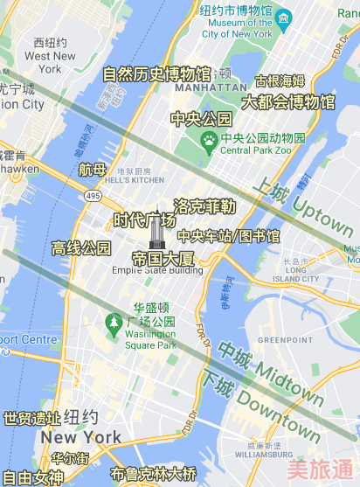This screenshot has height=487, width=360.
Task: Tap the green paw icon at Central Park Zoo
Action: pyautogui.click(x=210, y=139)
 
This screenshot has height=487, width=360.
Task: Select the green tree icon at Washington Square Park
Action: pyautogui.click(x=114, y=323)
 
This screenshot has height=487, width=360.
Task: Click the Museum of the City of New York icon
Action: pyautogui.click(x=284, y=17)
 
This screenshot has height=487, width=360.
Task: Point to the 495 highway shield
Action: pyautogui.click(x=93, y=196)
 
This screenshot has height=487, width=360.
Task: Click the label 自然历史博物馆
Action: pyautogui.click(x=157, y=74)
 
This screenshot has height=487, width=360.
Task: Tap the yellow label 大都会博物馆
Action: pyautogui.click(x=288, y=102)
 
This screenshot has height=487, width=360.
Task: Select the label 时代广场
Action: pyautogui.click(x=145, y=219)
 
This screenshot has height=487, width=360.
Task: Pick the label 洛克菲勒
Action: pyautogui.click(x=205, y=206)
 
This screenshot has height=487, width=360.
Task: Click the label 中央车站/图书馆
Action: pyautogui.click(x=229, y=236)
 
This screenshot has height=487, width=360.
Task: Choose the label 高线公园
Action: pyautogui.click(x=81, y=247)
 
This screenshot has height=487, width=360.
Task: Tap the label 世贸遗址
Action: pyautogui.click(x=31, y=419)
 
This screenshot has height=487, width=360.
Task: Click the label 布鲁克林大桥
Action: pyautogui.click(x=154, y=475)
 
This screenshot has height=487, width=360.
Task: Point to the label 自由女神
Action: pyautogui.click(x=32, y=477)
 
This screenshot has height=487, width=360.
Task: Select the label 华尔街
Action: pyautogui.click(x=70, y=458)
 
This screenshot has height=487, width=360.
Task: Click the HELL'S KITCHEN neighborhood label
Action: pyautogui.click(x=134, y=180)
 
